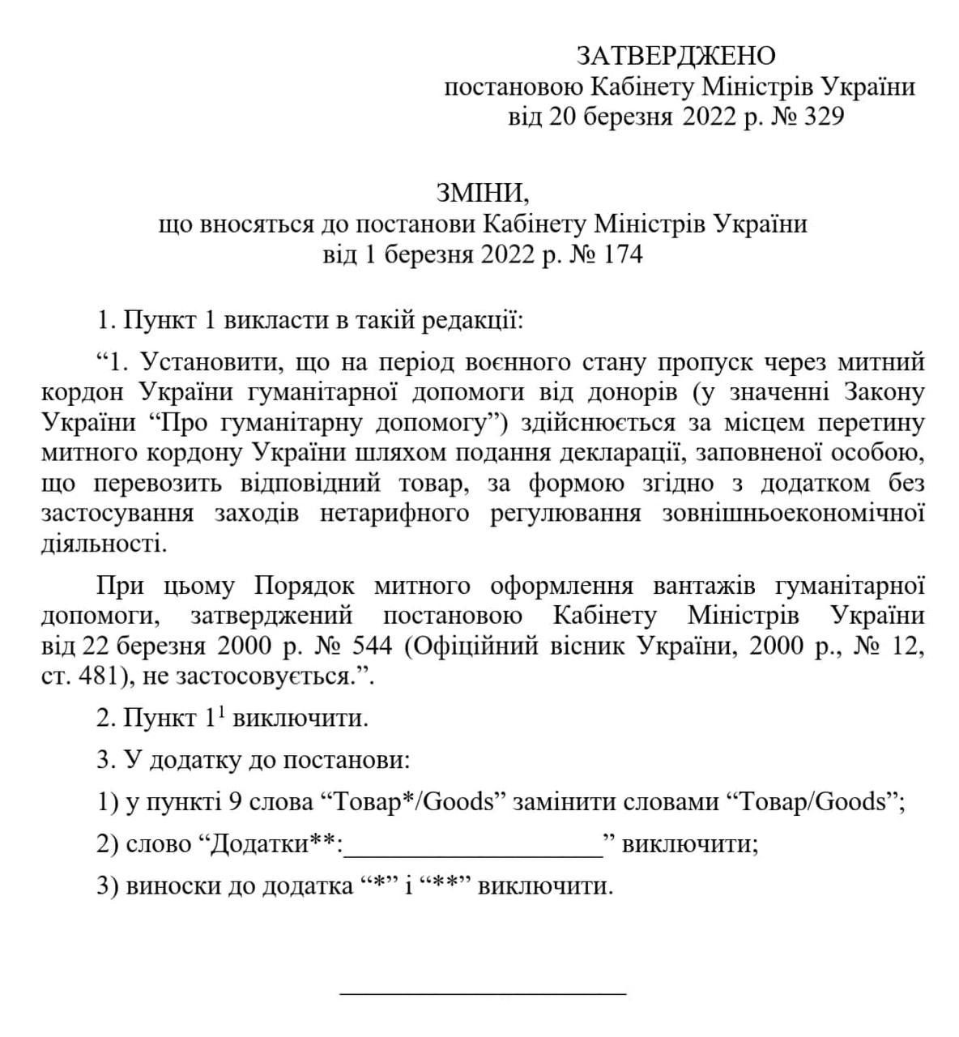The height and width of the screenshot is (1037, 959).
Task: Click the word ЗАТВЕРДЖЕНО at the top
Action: tap(676, 56)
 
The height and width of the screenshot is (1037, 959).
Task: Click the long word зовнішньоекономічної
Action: tap(793, 514)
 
